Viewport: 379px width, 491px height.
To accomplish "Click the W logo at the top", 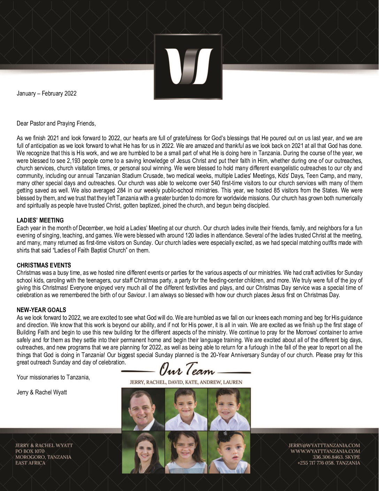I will pos(188,67).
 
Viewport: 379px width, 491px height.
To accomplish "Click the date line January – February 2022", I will pos(47,93).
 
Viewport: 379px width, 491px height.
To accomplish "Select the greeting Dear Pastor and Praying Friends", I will pos(56,123).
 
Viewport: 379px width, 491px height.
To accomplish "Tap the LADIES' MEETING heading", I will pos(40,220).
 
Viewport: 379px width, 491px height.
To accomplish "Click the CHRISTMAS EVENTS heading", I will pos(44,265).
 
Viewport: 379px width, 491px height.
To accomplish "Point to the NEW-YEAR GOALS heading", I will pos(41,310).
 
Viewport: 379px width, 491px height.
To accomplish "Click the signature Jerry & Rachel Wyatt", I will pos(42,392).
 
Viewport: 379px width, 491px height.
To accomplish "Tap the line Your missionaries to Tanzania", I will pos(53,377).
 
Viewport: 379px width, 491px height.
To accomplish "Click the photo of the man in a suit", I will pos(143,409).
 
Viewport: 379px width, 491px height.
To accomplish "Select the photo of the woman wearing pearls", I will pos(143,452).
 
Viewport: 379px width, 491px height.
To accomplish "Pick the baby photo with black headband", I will pos(229,452).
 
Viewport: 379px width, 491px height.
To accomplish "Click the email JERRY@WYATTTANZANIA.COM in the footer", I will pos(324,445).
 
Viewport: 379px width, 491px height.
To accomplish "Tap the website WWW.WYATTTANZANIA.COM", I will pos(325,451).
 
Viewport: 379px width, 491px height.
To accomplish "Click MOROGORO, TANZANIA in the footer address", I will pos(43,457).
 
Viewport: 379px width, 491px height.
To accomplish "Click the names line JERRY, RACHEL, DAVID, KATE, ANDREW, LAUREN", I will pos(186,382).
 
